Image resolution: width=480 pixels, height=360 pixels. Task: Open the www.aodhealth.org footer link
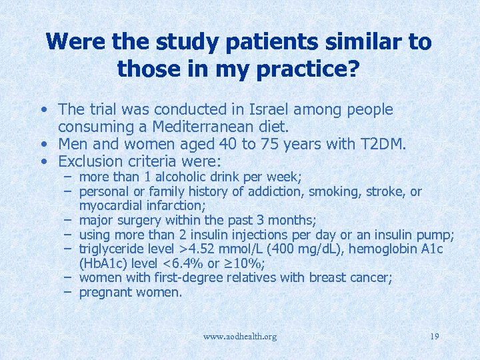pyautogui.click(x=239, y=336)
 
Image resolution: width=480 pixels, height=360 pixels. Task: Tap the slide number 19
pyautogui.click(x=434, y=336)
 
